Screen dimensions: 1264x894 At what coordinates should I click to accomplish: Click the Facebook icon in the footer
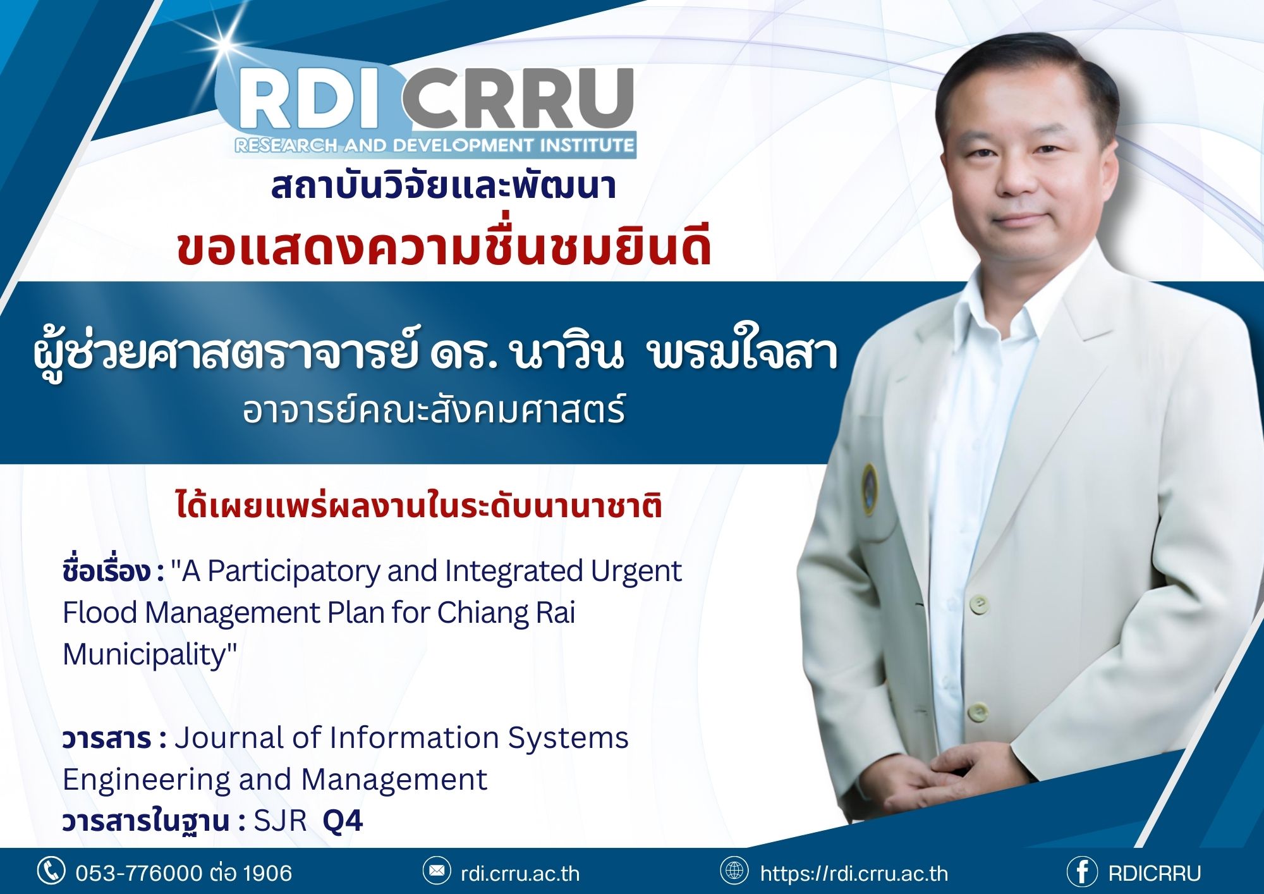pos(1082,873)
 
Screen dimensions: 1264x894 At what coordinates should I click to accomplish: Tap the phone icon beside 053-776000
pos(51,871)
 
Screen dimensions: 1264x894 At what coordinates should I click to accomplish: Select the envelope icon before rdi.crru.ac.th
pos(437,871)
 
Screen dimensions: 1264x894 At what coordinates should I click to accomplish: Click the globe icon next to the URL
pos(734,871)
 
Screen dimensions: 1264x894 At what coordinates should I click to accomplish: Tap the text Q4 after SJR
pos(343,821)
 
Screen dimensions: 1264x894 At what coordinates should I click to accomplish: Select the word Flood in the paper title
pos(100,612)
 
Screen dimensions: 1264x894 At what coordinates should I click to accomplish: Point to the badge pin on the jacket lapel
pos(870,487)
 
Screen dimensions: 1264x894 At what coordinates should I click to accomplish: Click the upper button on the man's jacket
pos(979,603)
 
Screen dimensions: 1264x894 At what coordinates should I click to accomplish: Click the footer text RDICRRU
pos(1155,873)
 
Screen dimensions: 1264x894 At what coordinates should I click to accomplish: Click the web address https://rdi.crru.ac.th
pos(854,873)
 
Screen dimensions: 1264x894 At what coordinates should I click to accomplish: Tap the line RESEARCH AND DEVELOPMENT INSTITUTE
pos(434,145)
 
